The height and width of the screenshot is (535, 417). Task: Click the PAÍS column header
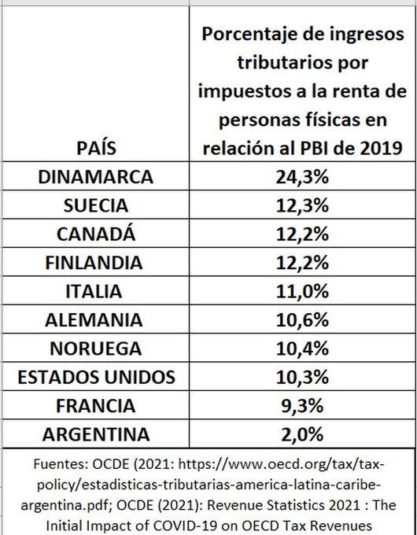coord(96,148)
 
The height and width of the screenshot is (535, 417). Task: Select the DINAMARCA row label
coord(95,177)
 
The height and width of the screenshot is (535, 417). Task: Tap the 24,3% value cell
coord(302,177)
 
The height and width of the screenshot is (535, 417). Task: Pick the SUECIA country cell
coord(96,205)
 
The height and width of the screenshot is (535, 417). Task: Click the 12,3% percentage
coord(302,206)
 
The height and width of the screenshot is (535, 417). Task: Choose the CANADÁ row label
coord(96,234)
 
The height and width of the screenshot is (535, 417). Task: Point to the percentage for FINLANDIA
coord(302,263)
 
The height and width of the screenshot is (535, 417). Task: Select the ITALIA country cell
coord(94,291)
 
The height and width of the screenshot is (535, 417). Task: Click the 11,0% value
coord(302,292)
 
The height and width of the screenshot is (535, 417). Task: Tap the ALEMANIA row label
coord(94,320)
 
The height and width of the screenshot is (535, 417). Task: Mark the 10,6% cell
coord(302,320)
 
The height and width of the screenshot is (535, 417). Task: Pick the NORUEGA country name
coord(95,349)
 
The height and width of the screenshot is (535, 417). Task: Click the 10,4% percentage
coord(302,349)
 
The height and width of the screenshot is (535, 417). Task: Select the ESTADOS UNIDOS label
coord(96,378)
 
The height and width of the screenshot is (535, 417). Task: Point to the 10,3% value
coord(302,378)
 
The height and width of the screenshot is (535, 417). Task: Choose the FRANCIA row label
coord(95,406)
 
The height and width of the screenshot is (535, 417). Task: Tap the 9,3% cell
coord(302,407)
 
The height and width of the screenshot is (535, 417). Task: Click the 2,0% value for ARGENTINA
coord(302,435)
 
